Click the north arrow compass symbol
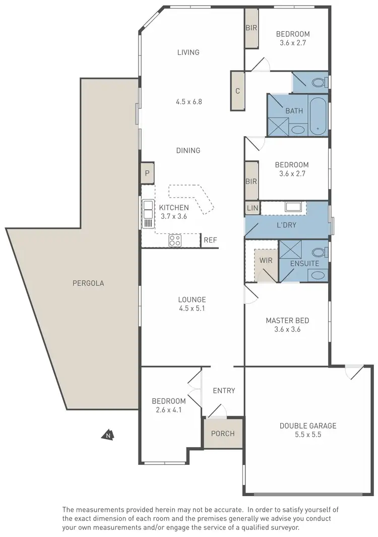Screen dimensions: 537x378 [107, 434]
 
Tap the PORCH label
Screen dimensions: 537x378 [222, 433]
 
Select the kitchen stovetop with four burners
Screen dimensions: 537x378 [175, 241]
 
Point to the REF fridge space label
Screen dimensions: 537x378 [210, 240]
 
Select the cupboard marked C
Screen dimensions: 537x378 [237, 91]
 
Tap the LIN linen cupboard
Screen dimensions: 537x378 [252, 208]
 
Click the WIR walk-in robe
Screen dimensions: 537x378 [266, 261]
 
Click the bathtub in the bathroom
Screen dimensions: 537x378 [318, 115]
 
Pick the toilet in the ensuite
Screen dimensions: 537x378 [319, 252]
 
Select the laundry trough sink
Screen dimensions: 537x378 [292, 206]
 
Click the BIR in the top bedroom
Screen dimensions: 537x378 [251, 28]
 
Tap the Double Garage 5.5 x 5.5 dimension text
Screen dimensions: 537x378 [307, 434]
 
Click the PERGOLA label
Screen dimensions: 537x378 [88, 283]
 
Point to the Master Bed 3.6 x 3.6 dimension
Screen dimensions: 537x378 [287, 329]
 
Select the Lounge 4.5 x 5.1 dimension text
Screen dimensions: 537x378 [192, 308]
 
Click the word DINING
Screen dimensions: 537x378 [188, 150]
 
